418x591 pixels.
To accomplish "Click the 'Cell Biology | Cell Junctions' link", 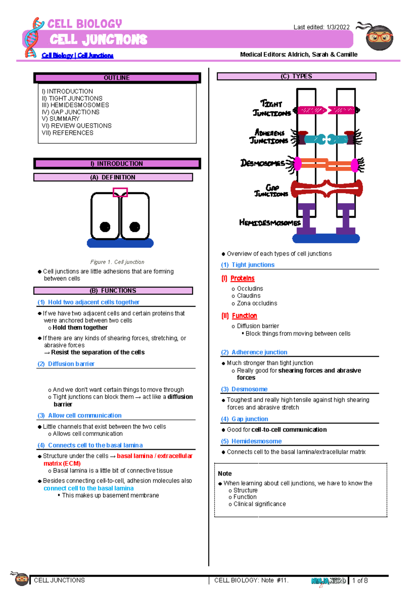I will [x=77, y=55].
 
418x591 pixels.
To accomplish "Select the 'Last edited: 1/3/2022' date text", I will [x=321, y=27].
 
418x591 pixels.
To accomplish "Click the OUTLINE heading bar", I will [x=117, y=78].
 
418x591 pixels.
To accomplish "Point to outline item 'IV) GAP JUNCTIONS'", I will [x=71, y=112].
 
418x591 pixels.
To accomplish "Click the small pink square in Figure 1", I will [x=120, y=192].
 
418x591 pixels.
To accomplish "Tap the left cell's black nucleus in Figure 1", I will [x=105, y=227].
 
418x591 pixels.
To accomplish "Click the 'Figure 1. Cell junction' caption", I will [x=117, y=262].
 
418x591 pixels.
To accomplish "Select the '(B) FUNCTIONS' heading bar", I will [x=113, y=291].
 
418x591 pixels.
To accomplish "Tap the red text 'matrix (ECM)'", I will [x=62, y=463].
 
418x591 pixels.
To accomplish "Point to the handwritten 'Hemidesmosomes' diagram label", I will [x=270, y=223].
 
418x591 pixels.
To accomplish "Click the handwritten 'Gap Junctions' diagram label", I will [x=271, y=191].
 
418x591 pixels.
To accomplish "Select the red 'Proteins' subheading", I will [x=242, y=278].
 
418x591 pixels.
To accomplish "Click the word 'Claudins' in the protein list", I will [x=248, y=296].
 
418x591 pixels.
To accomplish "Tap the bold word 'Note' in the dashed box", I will [x=225, y=474].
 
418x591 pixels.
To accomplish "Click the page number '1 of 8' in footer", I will [x=360, y=581].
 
